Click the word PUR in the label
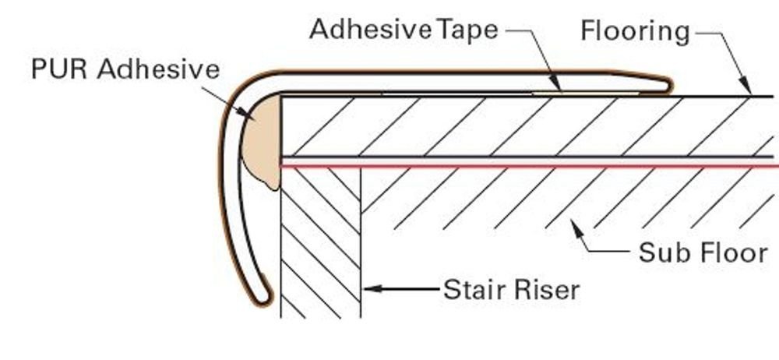[59, 69]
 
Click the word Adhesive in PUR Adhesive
[158, 69]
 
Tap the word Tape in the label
[467, 30]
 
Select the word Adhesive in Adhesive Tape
[370, 30]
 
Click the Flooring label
[636, 32]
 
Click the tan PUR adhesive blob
[262, 142]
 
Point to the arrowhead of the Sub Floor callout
[576, 229]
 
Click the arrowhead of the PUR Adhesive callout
[246, 113]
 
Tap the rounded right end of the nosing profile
[668, 85]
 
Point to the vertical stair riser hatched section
[320, 244]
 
